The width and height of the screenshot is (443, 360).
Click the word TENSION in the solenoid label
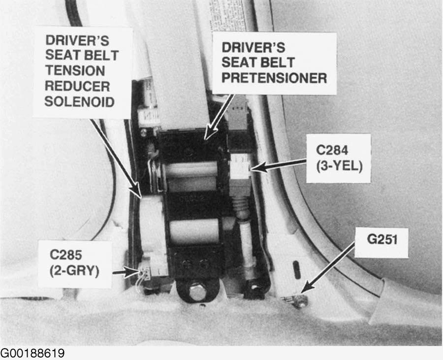(x=75, y=70)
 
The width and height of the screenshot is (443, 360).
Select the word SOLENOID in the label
(x=79, y=102)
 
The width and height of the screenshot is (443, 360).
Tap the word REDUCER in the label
(x=77, y=86)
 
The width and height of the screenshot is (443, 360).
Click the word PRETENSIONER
(x=274, y=78)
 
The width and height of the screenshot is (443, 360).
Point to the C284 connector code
(x=332, y=150)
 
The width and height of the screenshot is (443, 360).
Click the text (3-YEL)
(x=339, y=166)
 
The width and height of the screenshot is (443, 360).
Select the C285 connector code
(x=66, y=255)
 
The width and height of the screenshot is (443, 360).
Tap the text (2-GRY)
(x=74, y=271)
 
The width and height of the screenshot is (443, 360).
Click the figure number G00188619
(x=32, y=353)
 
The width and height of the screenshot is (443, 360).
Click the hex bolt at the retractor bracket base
(x=196, y=293)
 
